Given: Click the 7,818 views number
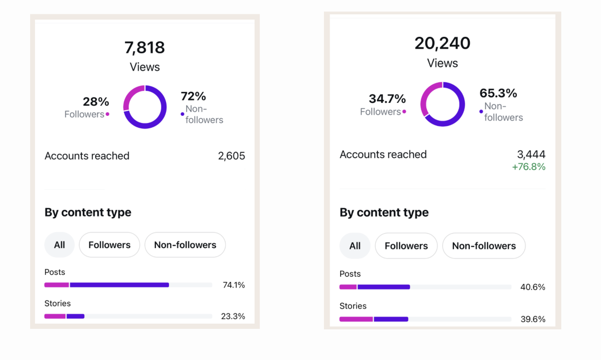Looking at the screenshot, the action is pyautogui.click(x=145, y=47).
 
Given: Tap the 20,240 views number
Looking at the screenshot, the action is pyautogui.click(x=443, y=43).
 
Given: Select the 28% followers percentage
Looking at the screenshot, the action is pyautogui.click(x=96, y=102).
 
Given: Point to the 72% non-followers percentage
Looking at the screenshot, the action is pyautogui.click(x=193, y=96).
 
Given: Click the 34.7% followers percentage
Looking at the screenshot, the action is pyautogui.click(x=387, y=99).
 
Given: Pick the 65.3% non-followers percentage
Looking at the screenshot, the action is pyautogui.click(x=498, y=93).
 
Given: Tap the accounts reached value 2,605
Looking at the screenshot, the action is pyautogui.click(x=231, y=156).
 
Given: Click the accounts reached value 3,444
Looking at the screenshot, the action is pyautogui.click(x=531, y=154).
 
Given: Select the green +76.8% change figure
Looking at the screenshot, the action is pyautogui.click(x=529, y=167).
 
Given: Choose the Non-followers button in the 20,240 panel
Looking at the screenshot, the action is pyautogui.click(x=484, y=246).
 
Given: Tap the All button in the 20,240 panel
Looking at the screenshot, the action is pyautogui.click(x=355, y=246).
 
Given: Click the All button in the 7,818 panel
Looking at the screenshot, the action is pyautogui.click(x=59, y=245).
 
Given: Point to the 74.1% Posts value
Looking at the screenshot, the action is pyautogui.click(x=234, y=285).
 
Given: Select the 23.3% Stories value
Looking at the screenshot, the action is pyautogui.click(x=233, y=316).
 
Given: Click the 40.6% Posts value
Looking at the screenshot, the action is pyautogui.click(x=533, y=287).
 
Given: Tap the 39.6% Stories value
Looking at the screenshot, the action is pyautogui.click(x=533, y=319).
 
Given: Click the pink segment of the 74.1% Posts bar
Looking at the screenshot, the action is pyautogui.click(x=56, y=285).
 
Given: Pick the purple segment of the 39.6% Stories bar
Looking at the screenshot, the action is pyautogui.click(x=391, y=319).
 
